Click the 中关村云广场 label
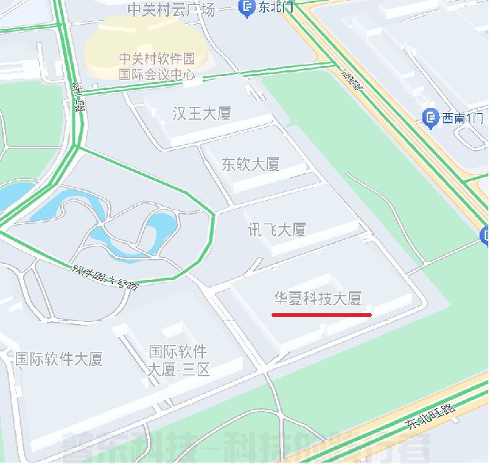click(x=171, y=9)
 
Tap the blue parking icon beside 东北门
click(x=246, y=8)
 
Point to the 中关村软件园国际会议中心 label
click(x=156, y=65)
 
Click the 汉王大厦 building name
click(x=201, y=113)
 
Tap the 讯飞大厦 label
click(x=277, y=230)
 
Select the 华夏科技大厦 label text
click(x=317, y=298)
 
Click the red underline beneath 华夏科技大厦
click(x=321, y=315)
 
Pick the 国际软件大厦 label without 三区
click(x=59, y=359)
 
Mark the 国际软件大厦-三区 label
click(x=178, y=360)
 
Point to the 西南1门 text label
click(x=462, y=118)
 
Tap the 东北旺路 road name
click(x=432, y=415)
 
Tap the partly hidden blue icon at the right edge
click(x=484, y=235)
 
